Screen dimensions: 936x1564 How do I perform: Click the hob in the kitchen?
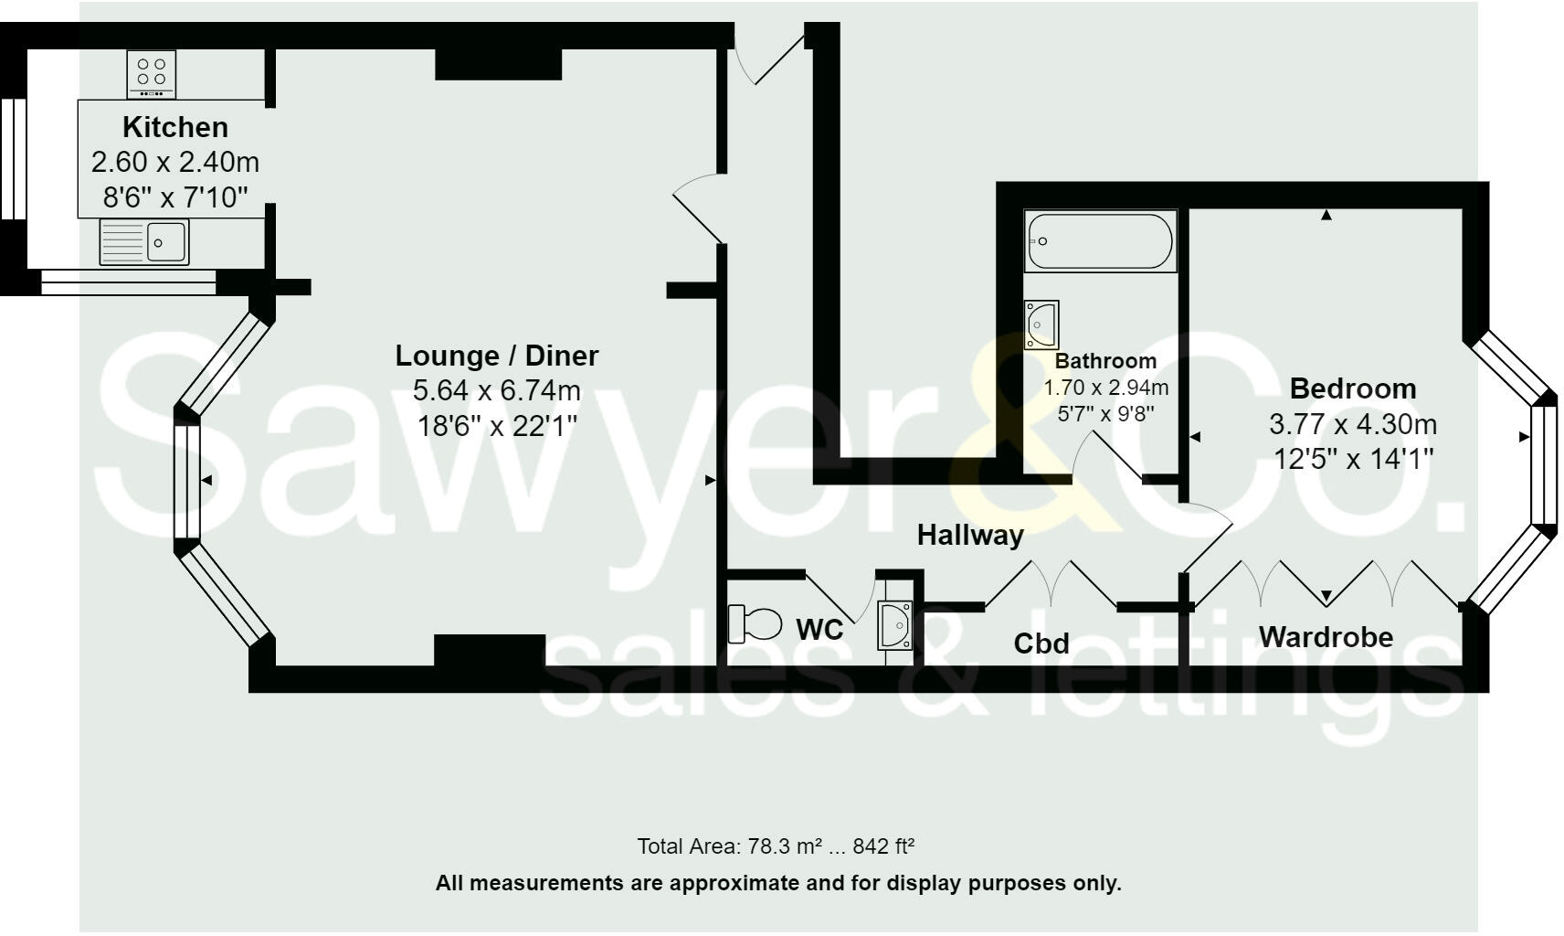click(x=152, y=74)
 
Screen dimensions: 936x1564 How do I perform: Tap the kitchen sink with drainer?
click(x=144, y=242)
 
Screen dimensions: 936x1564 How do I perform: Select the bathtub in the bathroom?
click(x=1100, y=241)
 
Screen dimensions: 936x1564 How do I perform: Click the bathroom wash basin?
click(x=1041, y=324)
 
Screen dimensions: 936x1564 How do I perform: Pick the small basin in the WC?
click(x=894, y=625)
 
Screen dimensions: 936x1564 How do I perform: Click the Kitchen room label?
click(x=175, y=127)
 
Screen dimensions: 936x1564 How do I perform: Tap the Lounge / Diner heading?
click(x=496, y=355)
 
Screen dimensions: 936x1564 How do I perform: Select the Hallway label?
click(x=970, y=535)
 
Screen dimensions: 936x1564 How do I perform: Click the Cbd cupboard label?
click(x=1041, y=643)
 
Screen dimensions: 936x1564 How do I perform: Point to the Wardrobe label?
click(x=1326, y=636)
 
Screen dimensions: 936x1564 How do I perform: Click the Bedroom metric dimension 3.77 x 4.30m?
click(x=1352, y=424)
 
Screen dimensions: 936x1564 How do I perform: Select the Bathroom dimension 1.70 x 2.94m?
click(x=1105, y=388)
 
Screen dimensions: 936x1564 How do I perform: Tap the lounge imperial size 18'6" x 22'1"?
click(x=496, y=426)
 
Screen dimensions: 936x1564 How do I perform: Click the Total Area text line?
click(x=776, y=846)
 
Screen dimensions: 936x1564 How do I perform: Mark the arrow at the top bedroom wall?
click(x=1326, y=216)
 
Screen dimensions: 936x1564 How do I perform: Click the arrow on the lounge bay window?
click(x=207, y=480)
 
